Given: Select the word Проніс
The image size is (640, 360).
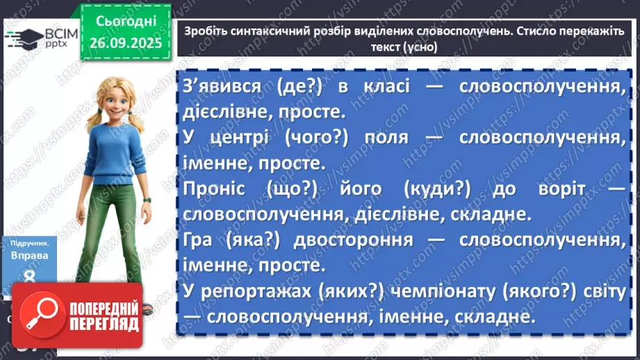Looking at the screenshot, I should tap(213, 190).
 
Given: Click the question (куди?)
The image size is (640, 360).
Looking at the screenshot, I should tap(440, 190).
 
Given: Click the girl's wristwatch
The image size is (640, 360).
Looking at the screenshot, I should tap(147, 200).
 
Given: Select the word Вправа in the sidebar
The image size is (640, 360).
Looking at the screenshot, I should tap(30, 255).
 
